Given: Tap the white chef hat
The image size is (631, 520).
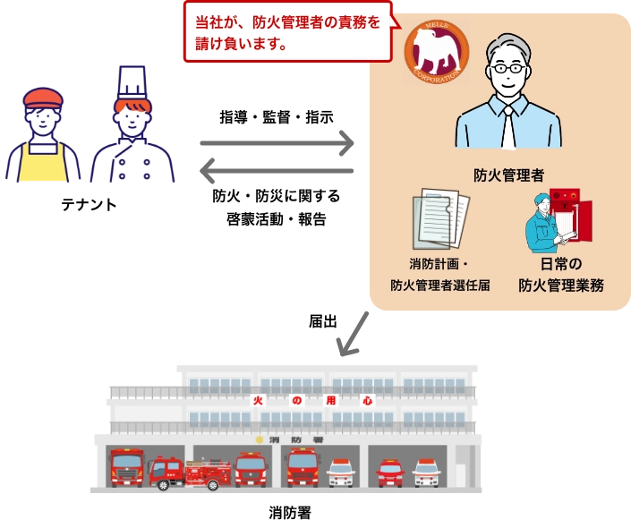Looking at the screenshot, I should pos(132,81).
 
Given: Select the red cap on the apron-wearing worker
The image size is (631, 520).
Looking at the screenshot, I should pos(43,97).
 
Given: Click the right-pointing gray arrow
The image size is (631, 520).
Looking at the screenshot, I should pos(276,142).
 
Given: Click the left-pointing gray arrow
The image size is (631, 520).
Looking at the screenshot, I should pos(276,171).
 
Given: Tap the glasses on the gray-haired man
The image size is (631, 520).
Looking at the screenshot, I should pos(508,68).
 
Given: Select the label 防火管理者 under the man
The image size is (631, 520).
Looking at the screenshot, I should pos(508,175).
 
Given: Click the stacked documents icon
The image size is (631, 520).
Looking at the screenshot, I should pos(440,219).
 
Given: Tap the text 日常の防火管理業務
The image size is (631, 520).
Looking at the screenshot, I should pos(561,275).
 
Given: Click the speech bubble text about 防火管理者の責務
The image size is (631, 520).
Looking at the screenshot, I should pos(286,32).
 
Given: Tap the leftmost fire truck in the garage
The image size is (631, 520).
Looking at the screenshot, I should pos(126,467).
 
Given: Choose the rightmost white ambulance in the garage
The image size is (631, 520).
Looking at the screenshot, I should pos(427,472).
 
